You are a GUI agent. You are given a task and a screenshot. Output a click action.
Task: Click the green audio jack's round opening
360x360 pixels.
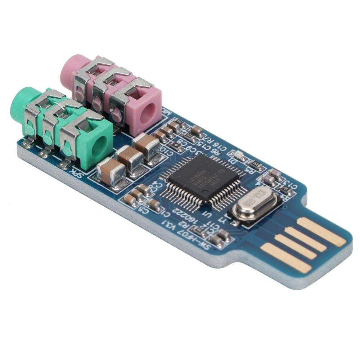[97, 148]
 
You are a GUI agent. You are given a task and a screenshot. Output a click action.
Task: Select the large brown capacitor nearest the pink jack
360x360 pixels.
[147, 146]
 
